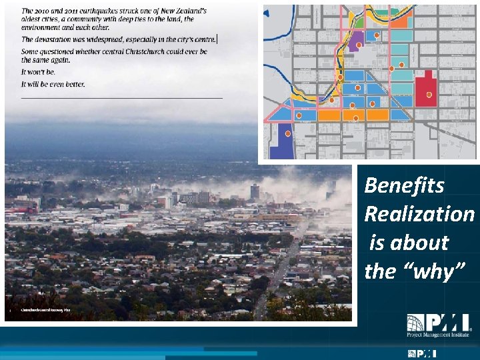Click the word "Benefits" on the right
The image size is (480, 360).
coord(404,185)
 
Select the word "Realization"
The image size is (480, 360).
coord(419,214)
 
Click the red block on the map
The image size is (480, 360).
coord(424,89)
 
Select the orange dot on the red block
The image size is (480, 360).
coord(429,95)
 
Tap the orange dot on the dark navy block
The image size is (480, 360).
coord(288,133)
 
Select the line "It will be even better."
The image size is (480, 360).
coord(53,84)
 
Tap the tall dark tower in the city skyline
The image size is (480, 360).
coord(255,192)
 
